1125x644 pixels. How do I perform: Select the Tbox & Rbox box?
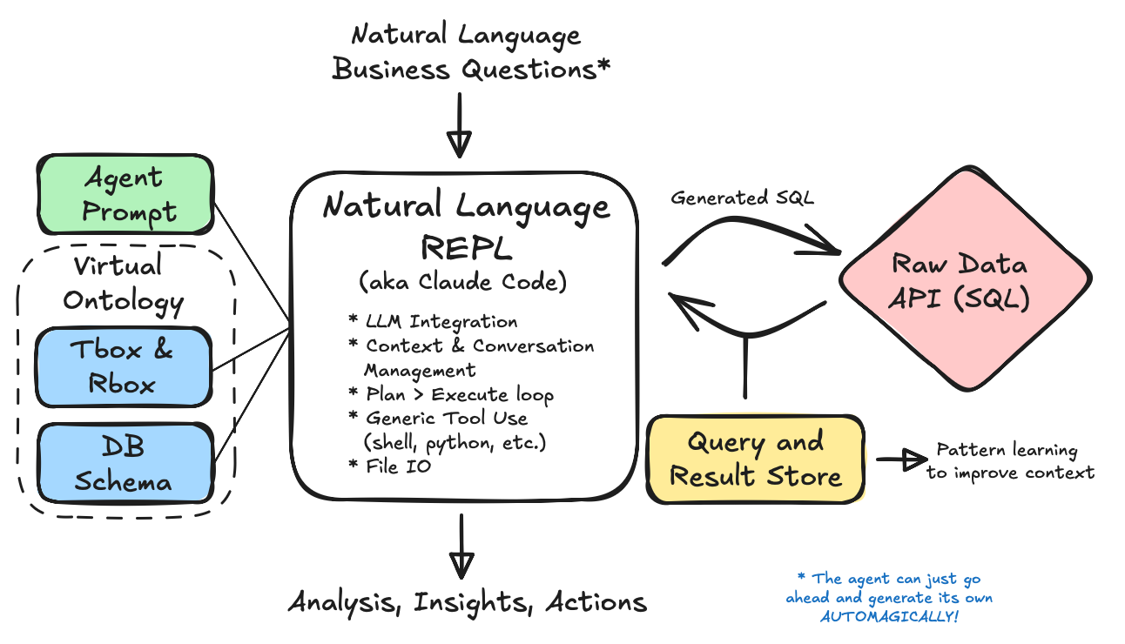coord(123,366)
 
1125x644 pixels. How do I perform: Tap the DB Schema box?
coord(123,463)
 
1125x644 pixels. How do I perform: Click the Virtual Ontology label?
coord(123,284)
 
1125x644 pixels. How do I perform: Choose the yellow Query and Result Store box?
coord(755,459)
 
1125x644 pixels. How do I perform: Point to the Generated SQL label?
coord(742,199)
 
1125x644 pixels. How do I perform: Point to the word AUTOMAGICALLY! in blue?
coord(889,617)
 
